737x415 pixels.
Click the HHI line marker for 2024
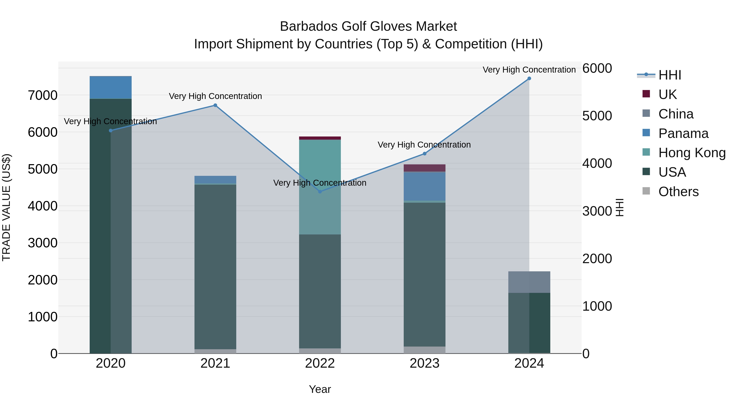tap(529, 78)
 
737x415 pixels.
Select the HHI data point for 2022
tap(320, 192)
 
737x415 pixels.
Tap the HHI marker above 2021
tap(215, 105)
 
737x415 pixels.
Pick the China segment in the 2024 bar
tap(529, 282)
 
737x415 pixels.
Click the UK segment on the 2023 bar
tap(424, 168)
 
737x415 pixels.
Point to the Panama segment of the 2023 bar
tap(424, 186)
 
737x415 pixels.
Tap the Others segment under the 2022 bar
tap(320, 351)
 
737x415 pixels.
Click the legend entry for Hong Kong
tap(692, 153)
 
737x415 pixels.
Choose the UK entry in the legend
tap(667, 94)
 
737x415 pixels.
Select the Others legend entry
tap(678, 191)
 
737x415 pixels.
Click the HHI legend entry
tap(669, 75)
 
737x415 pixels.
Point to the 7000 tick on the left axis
tap(42, 95)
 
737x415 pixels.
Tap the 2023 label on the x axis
tap(424, 363)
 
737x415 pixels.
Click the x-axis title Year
tap(320, 389)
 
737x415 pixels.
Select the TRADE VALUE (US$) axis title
tap(6, 207)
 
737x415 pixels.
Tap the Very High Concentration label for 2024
tap(529, 70)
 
